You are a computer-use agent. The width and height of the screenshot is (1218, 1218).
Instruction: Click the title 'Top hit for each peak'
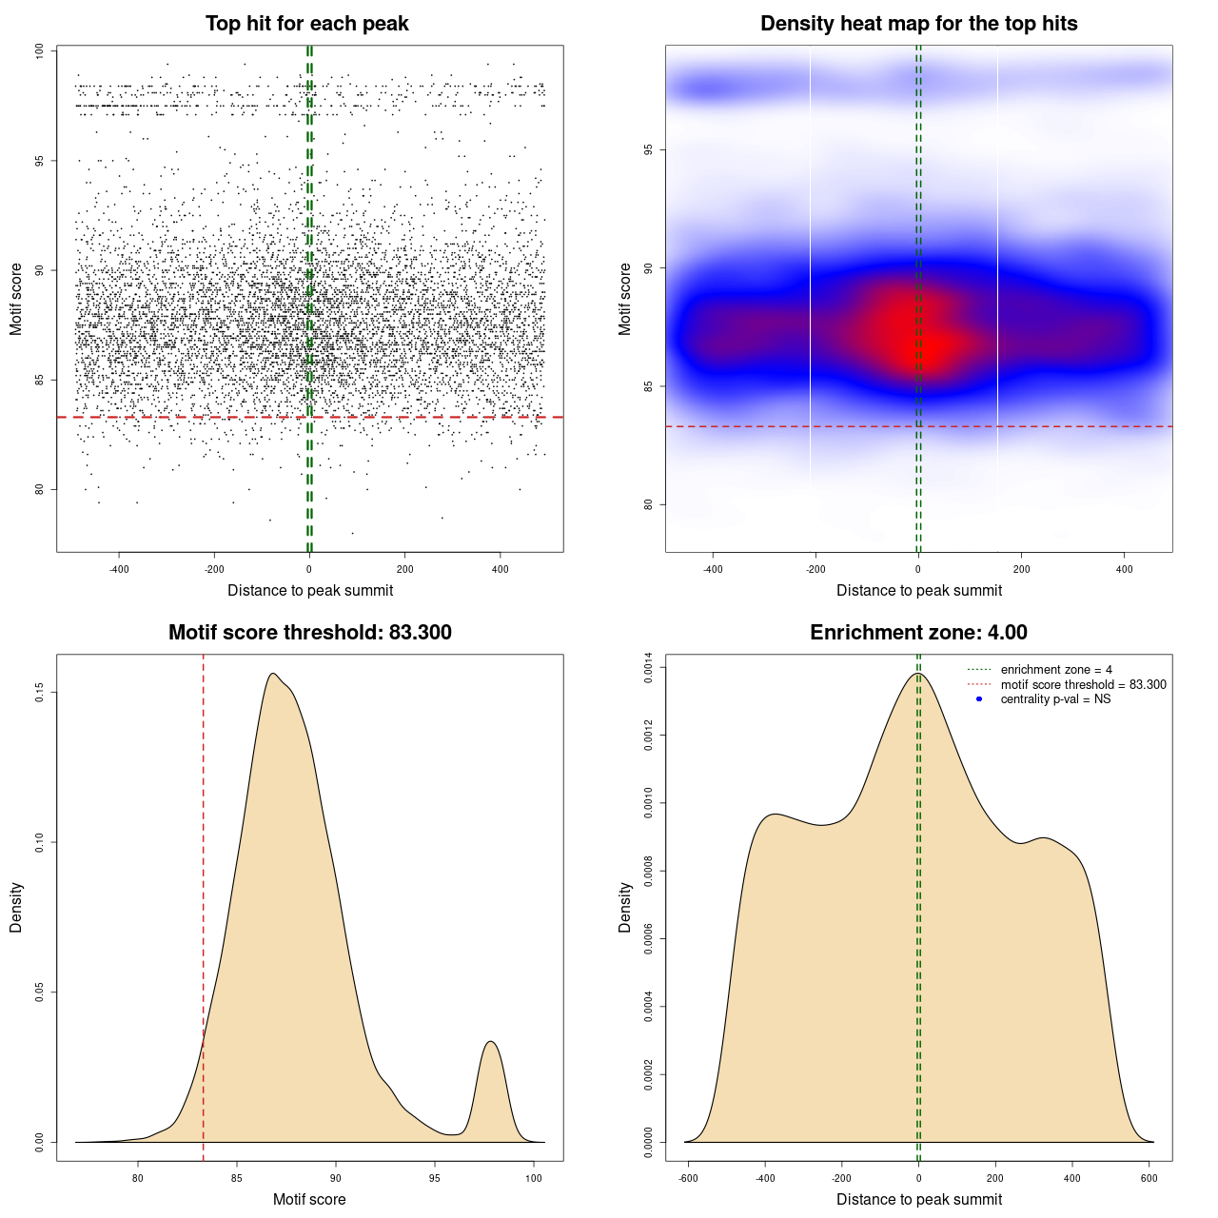pos(306,24)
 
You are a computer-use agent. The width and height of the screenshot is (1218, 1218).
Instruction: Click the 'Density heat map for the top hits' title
pos(918,24)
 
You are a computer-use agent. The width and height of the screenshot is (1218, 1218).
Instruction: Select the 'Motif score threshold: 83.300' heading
pos(309,633)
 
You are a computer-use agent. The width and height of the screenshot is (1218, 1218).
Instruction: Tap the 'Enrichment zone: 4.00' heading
pos(918,633)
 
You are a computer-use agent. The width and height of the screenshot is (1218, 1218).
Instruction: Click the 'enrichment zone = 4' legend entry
pos(1056,670)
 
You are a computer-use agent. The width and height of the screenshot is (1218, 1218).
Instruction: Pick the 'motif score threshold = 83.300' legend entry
pos(1083,684)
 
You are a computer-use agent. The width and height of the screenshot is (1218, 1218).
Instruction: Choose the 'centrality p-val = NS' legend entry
pos(1055,699)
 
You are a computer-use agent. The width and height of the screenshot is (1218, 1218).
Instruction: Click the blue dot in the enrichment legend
pos(979,699)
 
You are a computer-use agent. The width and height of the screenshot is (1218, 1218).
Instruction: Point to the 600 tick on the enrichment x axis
pos(1149,1178)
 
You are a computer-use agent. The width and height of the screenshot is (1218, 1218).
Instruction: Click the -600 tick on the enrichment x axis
pos(688,1178)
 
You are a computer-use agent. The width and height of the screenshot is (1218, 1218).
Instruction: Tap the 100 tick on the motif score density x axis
pos(534,1178)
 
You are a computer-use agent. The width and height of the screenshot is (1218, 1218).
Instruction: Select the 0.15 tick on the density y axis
pos(40,692)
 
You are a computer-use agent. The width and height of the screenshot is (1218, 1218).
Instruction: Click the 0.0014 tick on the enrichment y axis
pos(649,669)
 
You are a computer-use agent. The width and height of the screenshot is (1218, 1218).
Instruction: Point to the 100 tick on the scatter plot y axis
pos(40,51)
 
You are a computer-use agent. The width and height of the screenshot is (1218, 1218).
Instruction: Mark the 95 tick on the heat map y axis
pos(649,150)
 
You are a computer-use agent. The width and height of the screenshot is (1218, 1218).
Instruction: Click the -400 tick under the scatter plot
pos(119,569)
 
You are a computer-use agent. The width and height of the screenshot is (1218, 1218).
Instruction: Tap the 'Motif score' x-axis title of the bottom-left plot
pos(309,1199)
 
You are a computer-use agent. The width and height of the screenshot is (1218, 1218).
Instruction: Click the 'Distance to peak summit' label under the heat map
pos(918,590)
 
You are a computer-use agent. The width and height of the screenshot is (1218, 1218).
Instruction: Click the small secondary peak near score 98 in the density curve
pos(491,1043)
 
